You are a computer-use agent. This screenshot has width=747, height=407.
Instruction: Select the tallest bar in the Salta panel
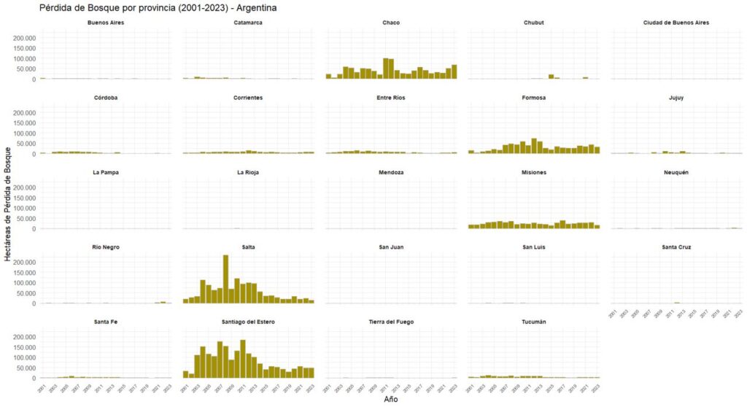click(225, 279)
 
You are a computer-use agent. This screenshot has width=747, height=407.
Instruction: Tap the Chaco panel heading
click(390, 23)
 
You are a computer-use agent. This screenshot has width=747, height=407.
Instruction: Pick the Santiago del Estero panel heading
click(247, 322)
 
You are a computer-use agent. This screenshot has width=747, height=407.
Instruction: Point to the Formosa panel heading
click(534, 98)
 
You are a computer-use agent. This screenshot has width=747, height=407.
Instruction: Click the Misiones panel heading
click(534, 172)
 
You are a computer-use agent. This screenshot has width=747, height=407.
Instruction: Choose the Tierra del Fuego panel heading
click(390, 322)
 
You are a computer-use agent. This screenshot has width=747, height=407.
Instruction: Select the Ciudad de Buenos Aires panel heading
click(676, 23)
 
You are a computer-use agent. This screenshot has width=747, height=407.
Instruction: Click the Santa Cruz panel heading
click(676, 247)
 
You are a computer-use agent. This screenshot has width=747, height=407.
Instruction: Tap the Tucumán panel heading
click(534, 322)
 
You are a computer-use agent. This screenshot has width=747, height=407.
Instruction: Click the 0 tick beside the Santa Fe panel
click(32, 379)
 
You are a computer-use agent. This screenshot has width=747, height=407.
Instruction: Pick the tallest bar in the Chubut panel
click(551, 76)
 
